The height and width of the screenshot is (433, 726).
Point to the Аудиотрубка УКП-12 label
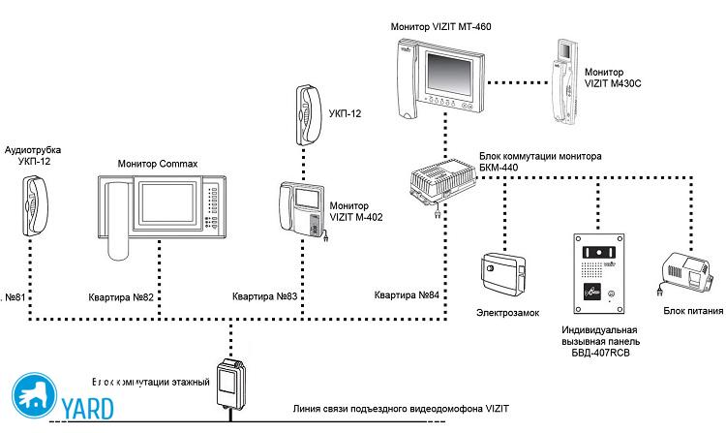pyautogui.click(x=34, y=155)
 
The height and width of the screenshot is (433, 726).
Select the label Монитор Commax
pyautogui.click(x=158, y=164)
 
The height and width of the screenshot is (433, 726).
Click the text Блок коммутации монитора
pyautogui.click(x=540, y=154)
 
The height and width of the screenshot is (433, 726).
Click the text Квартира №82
pyautogui.click(x=121, y=295)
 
